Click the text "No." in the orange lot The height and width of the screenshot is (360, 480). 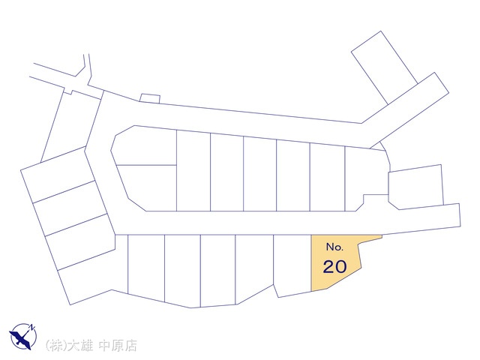coord(334,247)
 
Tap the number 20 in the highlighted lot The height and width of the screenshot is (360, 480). coord(335,266)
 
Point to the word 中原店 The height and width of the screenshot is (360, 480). coord(120,346)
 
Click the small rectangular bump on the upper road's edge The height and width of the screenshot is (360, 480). coord(150,98)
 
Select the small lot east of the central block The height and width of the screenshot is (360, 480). coord(415,187)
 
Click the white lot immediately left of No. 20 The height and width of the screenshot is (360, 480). coord(292,263)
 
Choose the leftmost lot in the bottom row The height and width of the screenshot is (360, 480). coord(145,265)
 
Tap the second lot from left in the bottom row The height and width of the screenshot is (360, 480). coord(181,268)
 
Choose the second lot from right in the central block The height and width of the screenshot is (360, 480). coord(327,175)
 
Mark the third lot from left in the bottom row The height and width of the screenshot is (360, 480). coord(217,269)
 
